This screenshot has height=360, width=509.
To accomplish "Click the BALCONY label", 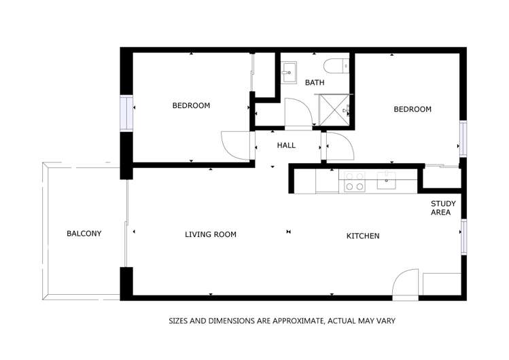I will (x=84, y=234).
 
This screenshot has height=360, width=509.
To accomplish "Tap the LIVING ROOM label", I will (x=211, y=235).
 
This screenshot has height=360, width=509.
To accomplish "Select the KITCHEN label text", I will (x=363, y=236).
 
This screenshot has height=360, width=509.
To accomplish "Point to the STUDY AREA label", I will (x=443, y=208).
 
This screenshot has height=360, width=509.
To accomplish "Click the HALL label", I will (x=286, y=145).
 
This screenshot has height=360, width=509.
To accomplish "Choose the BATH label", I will (x=315, y=83).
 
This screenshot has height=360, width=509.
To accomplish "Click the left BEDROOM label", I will (x=191, y=106).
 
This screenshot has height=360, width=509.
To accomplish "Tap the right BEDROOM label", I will (x=413, y=109).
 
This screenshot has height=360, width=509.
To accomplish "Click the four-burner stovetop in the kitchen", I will (x=354, y=181).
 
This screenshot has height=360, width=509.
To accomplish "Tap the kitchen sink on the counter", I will (x=387, y=179).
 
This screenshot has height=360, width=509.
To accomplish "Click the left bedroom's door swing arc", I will (x=234, y=144).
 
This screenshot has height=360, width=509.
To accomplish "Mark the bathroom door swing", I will (x=298, y=112).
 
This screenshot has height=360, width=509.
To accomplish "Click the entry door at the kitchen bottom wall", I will (x=406, y=284).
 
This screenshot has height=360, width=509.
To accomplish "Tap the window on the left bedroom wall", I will (x=126, y=113).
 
